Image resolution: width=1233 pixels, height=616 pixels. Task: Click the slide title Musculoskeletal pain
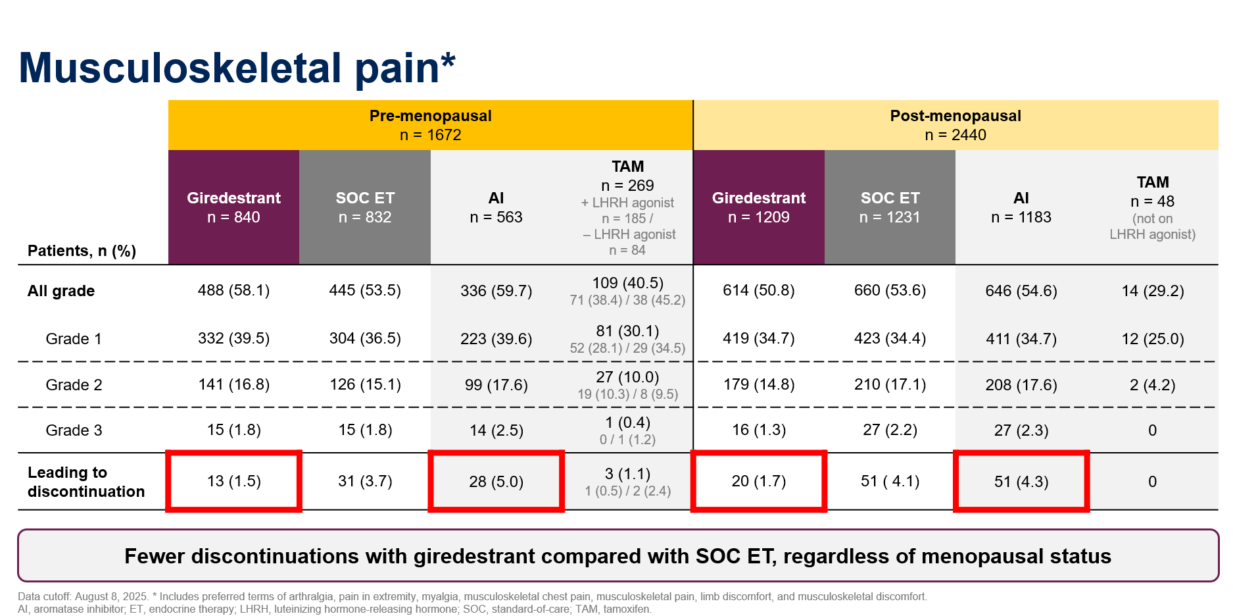click(x=237, y=68)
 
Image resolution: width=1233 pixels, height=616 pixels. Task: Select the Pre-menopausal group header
click(x=431, y=125)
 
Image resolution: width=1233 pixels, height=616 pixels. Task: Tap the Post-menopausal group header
click(x=955, y=125)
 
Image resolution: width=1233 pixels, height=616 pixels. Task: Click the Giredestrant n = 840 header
click(x=233, y=207)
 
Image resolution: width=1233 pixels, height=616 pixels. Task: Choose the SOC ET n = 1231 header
click(x=890, y=207)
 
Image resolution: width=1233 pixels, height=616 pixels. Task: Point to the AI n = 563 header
click(x=496, y=207)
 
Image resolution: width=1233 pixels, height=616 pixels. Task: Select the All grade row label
click(x=61, y=291)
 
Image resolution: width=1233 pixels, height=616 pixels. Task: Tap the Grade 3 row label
click(x=74, y=430)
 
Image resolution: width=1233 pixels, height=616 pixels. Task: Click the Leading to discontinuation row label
click(x=86, y=482)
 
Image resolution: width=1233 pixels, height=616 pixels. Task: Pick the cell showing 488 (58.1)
click(x=233, y=290)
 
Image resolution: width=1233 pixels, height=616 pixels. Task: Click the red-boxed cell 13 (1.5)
click(x=233, y=481)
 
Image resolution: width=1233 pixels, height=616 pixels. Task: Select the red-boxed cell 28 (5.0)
click(x=496, y=481)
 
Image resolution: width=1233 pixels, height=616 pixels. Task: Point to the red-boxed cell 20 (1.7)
click(x=759, y=481)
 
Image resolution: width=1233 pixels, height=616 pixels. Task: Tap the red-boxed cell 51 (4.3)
click(x=1021, y=481)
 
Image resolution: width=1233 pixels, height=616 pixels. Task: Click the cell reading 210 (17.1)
click(x=890, y=384)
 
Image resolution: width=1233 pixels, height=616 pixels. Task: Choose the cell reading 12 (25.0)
click(x=1153, y=339)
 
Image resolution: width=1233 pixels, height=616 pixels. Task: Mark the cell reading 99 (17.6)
click(x=496, y=385)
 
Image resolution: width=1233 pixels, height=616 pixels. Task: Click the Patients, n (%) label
click(x=82, y=251)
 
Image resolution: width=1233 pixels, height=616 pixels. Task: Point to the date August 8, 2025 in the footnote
click(x=110, y=597)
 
